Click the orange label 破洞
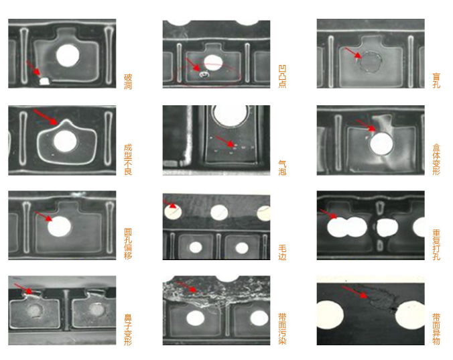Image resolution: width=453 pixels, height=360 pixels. [x=128, y=82]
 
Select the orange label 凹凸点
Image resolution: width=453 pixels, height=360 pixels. [x=282, y=76]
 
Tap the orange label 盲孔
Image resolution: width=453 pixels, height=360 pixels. [x=436, y=80]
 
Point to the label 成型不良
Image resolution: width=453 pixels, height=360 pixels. [x=128, y=160]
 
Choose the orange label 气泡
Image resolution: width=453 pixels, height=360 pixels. [x=282, y=168]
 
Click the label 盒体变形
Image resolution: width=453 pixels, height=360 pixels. [x=436, y=160]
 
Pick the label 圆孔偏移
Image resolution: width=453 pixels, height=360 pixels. [x=128, y=244]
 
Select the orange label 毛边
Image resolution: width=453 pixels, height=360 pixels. [x=282, y=252]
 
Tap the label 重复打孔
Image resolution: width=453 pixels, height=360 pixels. [x=436, y=245]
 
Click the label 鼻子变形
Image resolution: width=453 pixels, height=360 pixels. [x=128, y=330]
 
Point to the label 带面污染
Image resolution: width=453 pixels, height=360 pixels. [x=282, y=328]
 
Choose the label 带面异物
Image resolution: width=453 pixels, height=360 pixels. [x=436, y=329]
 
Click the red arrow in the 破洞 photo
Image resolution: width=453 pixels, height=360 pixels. [x=34, y=68]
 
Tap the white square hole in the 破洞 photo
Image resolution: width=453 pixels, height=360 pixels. [x=44, y=81]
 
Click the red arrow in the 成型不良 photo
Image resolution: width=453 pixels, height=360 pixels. [x=46, y=117]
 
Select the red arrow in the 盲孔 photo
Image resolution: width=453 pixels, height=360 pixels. [x=353, y=53]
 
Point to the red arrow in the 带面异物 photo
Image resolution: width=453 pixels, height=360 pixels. [x=354, y=292]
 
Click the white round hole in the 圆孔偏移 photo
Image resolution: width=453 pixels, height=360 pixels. [x=59, y=226]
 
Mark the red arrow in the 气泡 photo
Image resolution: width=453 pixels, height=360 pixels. [x=224, y=141]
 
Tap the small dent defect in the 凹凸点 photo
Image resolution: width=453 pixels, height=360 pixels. [x=204, y=74]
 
